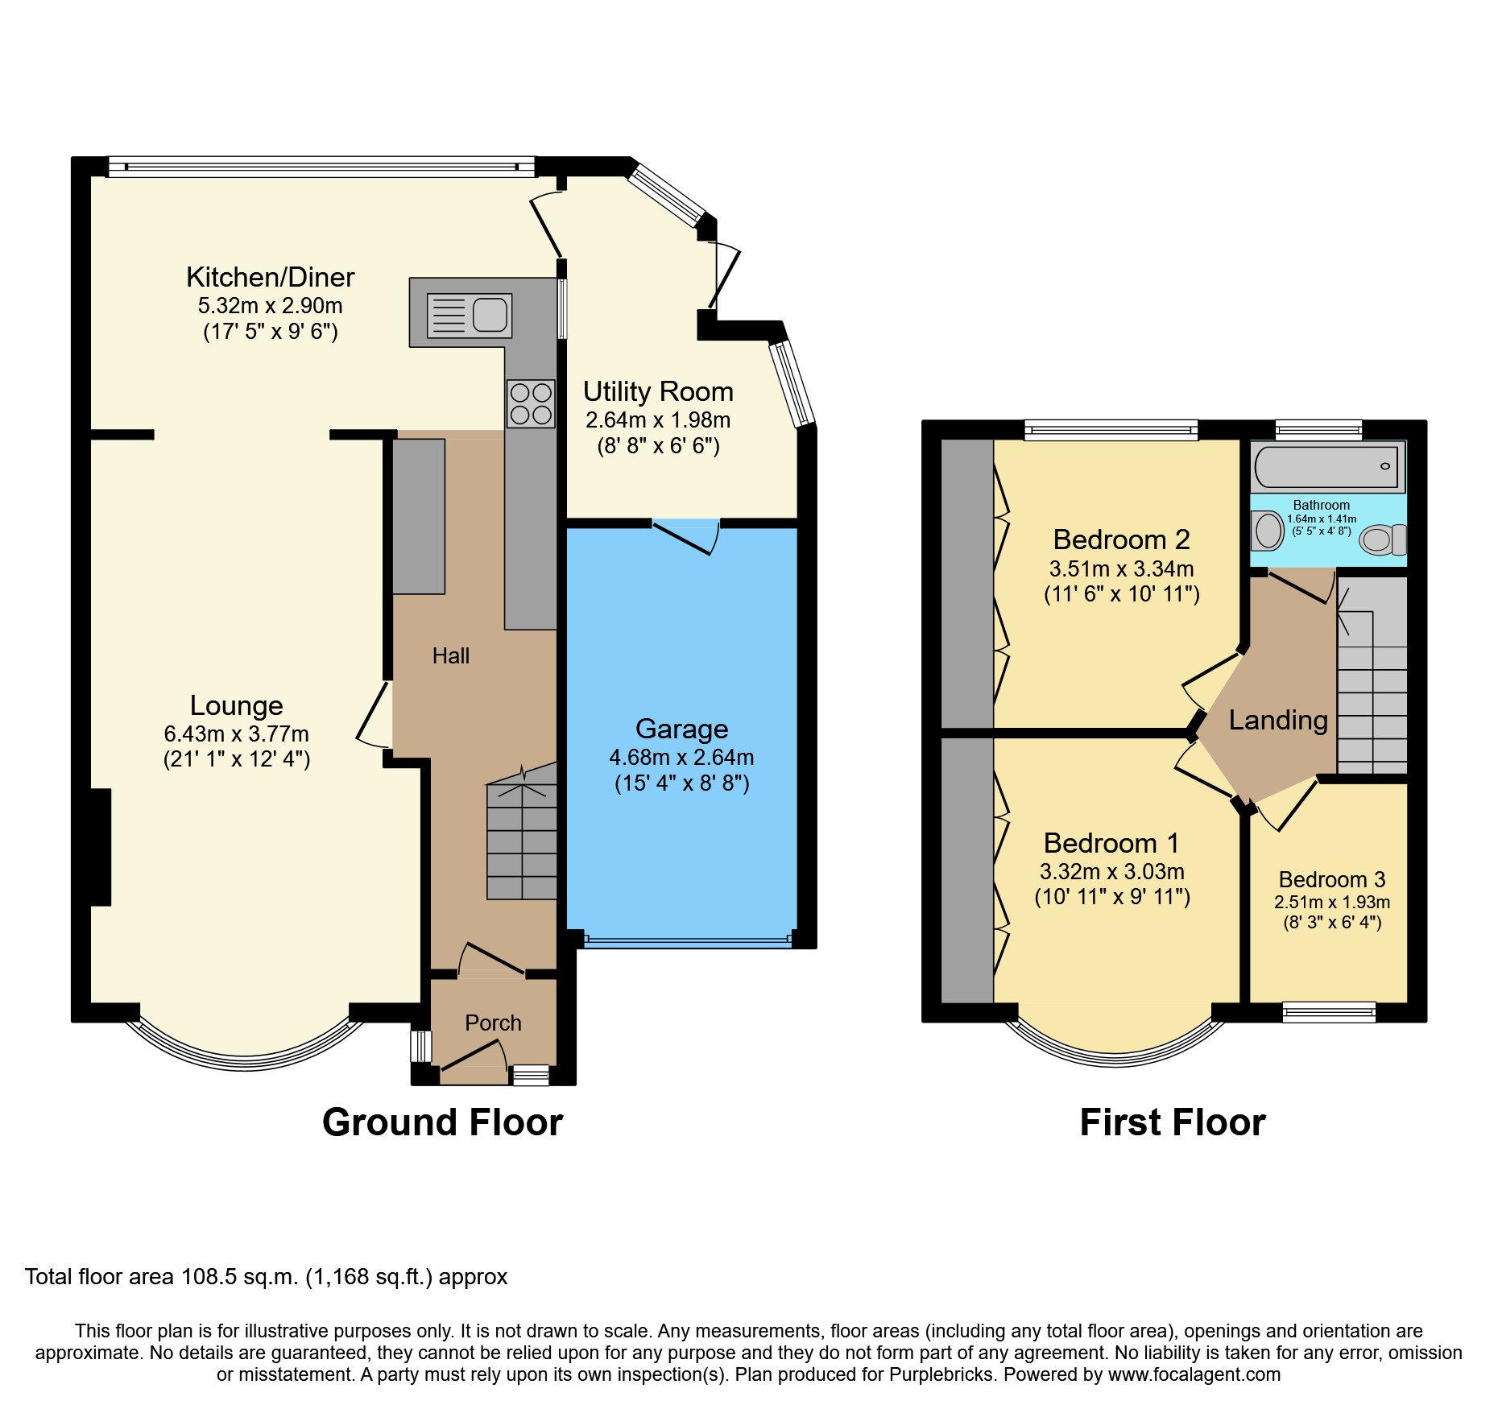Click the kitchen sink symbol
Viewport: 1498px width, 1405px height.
click(470, 315)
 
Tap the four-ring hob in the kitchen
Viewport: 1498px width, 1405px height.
click(531, 403)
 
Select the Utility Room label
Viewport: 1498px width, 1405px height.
click(658, 391)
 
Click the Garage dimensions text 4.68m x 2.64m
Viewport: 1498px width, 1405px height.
click(681, 758)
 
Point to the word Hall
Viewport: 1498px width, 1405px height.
click(450, 656)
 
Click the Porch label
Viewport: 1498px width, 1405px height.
click(493, 1023)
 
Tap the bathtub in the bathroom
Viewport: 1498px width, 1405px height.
click(1326, 466)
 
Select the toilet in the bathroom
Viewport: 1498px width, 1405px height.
click(1382, 539)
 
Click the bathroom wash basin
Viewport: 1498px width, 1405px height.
click(1268, 531)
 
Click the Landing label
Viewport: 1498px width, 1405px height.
click(1277, 721)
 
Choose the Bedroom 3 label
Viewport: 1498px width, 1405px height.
click(1331, 880)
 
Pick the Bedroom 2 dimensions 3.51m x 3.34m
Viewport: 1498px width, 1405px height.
click(1121, 569)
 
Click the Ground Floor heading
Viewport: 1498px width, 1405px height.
click(442, 1122)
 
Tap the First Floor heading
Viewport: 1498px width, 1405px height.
click(1172, 1122)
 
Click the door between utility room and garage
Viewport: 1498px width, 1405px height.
click(685, 536)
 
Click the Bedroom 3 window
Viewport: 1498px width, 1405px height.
click(1329, 1012)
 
